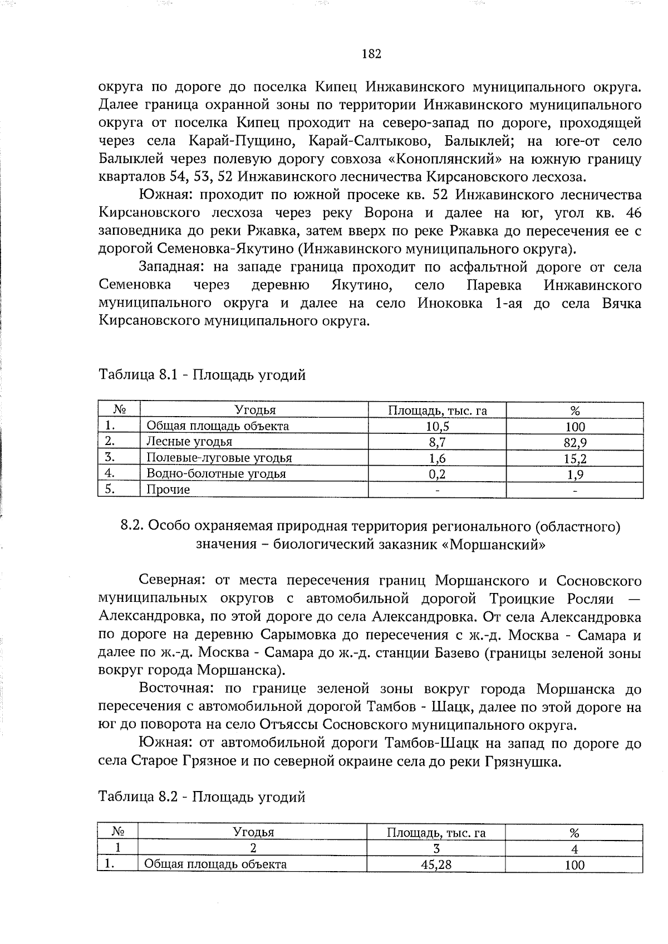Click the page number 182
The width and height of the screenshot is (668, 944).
click(371, 54)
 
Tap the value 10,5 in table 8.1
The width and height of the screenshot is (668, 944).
click(438, 427)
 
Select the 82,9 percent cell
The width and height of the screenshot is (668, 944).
click(574, 443)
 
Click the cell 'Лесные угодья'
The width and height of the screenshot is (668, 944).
click(189, 442)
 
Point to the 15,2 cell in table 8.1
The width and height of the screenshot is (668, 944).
click(574, 458)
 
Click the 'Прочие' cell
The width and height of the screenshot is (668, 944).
click(168, 490)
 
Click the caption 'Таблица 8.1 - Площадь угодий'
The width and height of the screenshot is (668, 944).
click(202, 375)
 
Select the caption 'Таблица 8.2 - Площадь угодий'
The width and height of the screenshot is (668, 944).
click(202, 797)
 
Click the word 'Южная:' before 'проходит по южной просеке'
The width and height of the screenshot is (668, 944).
click(165, 195)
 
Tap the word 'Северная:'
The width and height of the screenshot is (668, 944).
click(173, 581)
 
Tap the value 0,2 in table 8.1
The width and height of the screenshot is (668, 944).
click(438, 474)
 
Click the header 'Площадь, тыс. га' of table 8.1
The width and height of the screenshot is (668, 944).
click(437, 411)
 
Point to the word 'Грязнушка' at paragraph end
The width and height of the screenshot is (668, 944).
click(521, 762)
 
